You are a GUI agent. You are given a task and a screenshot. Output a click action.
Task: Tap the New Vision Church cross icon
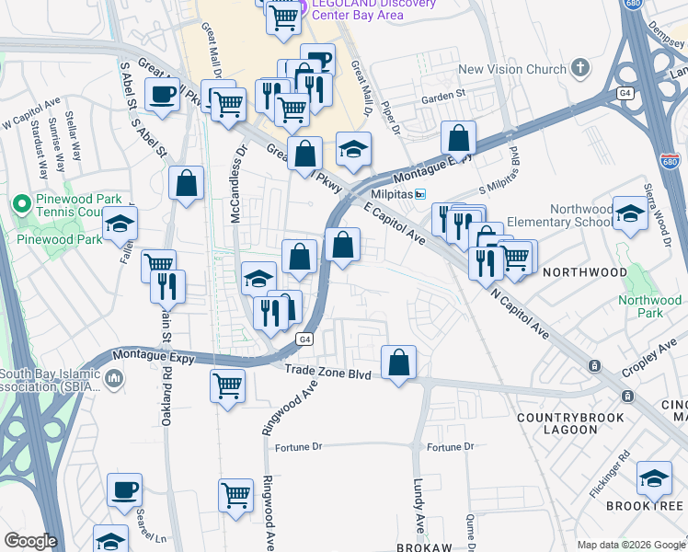point(579,67)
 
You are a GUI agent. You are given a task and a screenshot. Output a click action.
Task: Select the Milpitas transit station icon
point(420,194)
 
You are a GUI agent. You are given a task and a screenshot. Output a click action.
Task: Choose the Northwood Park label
point(649,306)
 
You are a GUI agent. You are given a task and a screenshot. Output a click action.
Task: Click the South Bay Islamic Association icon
point(114,378)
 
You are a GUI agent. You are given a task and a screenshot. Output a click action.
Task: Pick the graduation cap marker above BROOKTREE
point(654,478)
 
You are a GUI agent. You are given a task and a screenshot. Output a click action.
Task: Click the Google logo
point(30,541)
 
